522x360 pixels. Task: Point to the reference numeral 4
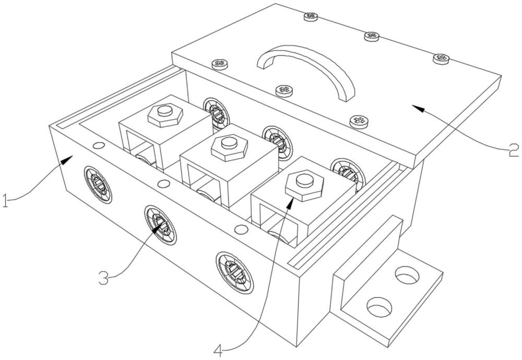(218, 350)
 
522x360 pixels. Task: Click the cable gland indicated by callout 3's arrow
(160, 225)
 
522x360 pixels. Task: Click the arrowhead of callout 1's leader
(67, 158)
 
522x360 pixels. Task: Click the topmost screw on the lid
(311, 16)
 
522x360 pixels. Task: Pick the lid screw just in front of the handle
(284, 90)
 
